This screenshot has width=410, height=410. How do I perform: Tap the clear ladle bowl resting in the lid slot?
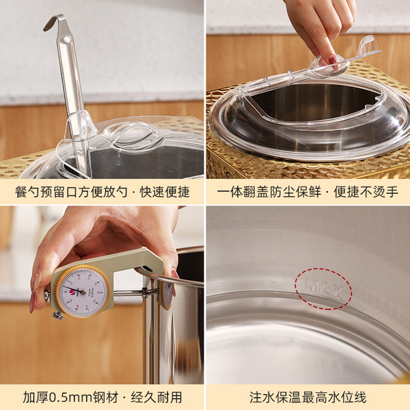(x=80, y=127)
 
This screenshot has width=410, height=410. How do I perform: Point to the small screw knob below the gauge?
(x=57, y=315)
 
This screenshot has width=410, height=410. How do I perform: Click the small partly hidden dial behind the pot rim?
(x=167, y=292)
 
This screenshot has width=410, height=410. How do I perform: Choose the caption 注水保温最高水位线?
(x=307, y=397)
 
